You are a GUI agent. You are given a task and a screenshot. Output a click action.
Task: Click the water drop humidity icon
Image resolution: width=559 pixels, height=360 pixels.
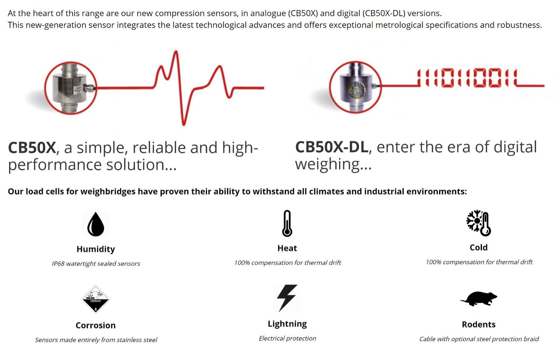tap(96, 224)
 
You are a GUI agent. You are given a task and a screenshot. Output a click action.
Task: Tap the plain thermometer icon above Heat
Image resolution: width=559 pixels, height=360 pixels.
tap(287, 223)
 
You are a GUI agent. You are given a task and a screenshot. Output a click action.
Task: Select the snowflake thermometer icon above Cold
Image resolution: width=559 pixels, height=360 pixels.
tap(479, 223)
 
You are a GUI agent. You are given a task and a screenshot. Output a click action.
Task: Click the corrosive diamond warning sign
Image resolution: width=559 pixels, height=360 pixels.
tap(96, 299)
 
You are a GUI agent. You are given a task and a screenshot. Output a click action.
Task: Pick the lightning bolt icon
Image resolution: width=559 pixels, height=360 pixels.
tap(287, 298)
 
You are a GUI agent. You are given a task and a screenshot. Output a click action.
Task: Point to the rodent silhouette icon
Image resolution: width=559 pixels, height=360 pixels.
tap(479, 299)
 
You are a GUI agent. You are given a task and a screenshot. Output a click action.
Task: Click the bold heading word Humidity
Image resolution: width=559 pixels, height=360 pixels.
tap(96, 249)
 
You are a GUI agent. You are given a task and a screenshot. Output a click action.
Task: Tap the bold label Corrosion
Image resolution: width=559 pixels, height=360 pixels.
tap(96, 325)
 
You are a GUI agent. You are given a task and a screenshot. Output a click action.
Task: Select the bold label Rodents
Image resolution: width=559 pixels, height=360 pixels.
tap(479, 324)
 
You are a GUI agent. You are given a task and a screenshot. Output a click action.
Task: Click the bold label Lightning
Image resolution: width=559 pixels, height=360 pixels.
tap(287, 324)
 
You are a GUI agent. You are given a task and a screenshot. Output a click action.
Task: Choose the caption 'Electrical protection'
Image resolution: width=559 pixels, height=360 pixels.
tap(288, 338)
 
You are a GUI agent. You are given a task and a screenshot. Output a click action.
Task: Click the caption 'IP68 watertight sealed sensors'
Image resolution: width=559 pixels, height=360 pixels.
tap(96, 263)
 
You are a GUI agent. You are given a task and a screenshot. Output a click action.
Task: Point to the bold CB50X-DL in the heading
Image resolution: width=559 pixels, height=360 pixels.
tap(332, 147)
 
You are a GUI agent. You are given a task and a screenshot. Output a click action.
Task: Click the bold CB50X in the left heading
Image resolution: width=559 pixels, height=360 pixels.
tap(32, 148)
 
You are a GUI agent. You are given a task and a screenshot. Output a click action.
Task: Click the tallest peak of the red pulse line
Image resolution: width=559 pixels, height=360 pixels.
tap(176, 52)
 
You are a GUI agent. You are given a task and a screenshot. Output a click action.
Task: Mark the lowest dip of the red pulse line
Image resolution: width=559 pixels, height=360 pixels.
tap(184, 124)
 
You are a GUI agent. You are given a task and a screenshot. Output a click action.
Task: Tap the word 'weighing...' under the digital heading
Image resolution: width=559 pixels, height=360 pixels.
tap(333, 164)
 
